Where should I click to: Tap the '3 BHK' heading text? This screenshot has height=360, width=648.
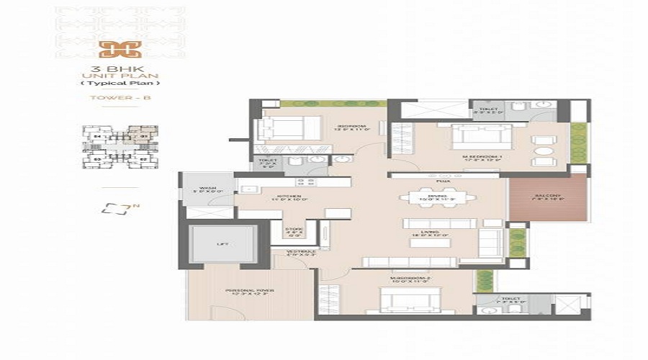pyautogui.click(x=115, y=69)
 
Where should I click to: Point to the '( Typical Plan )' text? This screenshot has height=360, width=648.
pyautogui.click(x=115, y=85)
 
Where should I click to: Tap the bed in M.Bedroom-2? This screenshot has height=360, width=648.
pyautogui.click(x=403, y=300)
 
